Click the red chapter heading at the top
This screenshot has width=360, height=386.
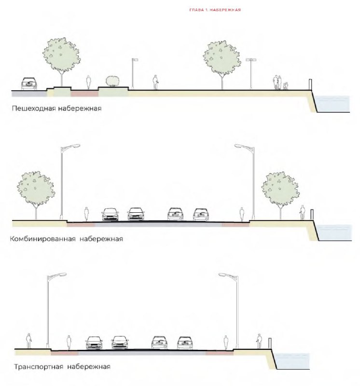215,10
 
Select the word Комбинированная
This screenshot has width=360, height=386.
42,239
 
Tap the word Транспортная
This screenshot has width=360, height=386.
39,367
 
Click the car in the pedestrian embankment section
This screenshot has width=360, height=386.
29,83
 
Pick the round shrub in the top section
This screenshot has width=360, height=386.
112,81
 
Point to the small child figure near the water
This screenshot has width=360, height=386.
285,86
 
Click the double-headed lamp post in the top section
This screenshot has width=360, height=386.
251,73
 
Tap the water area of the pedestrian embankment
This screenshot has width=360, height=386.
332,104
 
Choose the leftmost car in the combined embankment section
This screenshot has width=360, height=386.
110,214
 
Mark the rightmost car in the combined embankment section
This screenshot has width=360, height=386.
201,215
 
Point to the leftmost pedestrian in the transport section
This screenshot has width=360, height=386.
29,341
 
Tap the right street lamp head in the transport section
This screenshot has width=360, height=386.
225,275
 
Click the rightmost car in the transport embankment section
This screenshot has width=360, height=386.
185,343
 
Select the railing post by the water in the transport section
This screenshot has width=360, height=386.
270,344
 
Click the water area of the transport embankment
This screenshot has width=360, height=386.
292,361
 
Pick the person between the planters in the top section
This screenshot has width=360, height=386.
88,83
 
